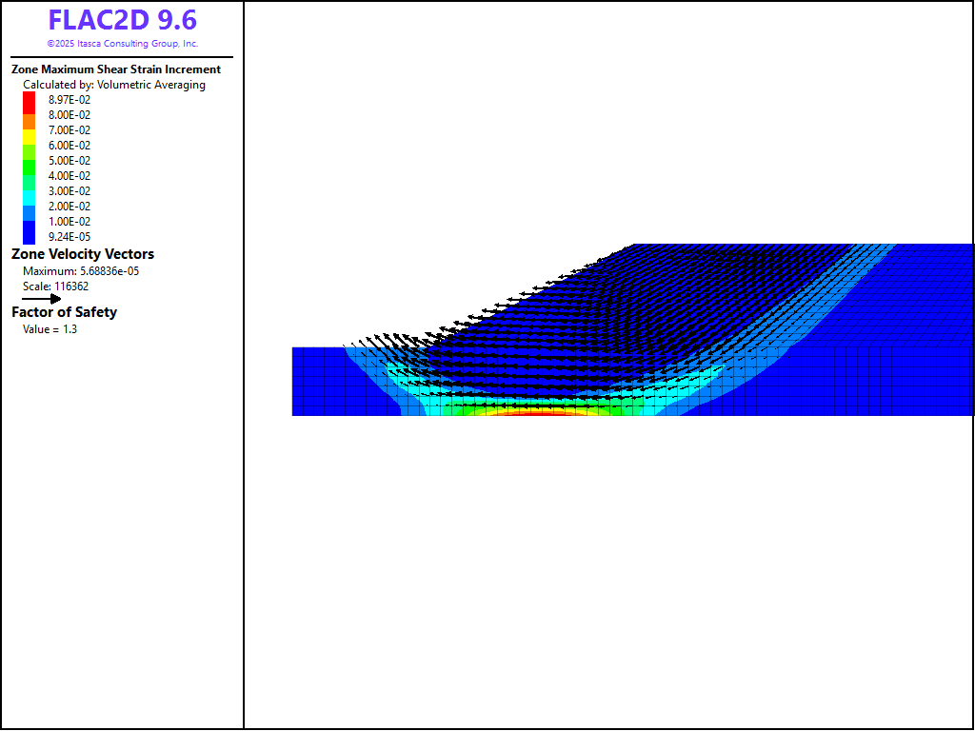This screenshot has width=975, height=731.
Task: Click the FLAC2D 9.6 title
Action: tap(123, 21)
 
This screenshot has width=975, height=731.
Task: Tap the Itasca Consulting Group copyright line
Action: tap(123, 44)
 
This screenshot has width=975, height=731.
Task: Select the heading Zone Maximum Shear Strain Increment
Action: tap(116, 69)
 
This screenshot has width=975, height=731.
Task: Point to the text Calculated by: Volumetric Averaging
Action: tap(114, 85)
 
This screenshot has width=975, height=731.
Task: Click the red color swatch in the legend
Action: tap(30, 103)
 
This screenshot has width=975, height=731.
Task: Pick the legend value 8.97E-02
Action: tap(70, 99)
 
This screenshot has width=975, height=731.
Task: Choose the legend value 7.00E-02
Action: tap(70, 129)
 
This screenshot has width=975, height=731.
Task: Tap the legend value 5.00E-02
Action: tap(70, 160)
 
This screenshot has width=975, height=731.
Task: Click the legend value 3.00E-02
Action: tap(70, 190)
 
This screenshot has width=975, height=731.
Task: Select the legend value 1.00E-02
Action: tap(70, 221)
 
